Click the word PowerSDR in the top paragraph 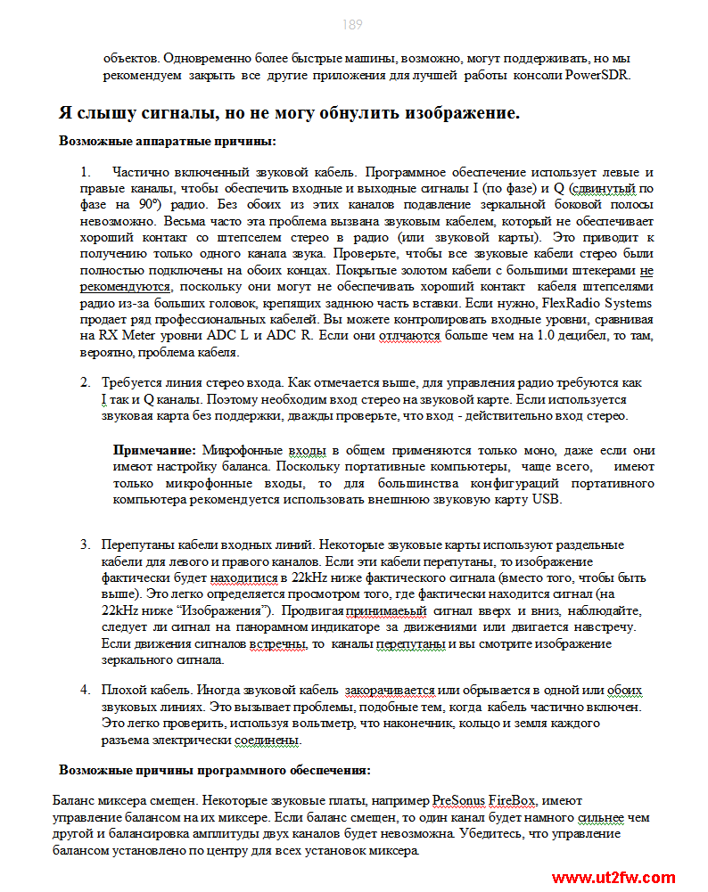click(x=597, y=75)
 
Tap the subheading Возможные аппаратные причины click(x=167, y=141)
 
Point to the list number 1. click(x=85, y=172)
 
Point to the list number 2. click(x=85, y=382)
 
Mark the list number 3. click(x=85, y=544)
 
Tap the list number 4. click(x=85, y=691)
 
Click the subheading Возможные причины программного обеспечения click(x=215, y=770)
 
